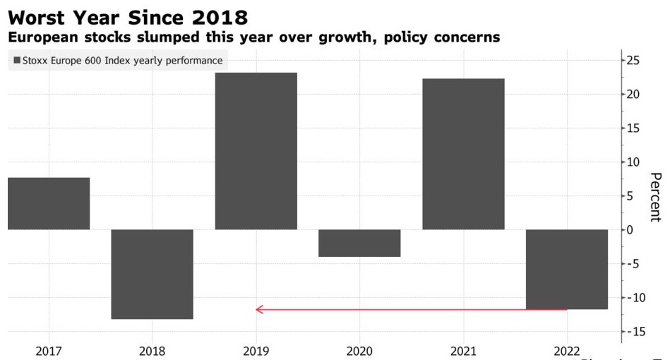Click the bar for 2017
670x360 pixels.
[x=49, y=203]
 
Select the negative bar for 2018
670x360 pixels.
[x=152, y=274]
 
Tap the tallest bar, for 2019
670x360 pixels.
[x=256, y=151]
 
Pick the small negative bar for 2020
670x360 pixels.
[x=359, y=243]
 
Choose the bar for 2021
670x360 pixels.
[x=463, y=154]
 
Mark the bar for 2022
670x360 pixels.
[x=567, y=269]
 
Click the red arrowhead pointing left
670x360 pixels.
[x=259, y=309]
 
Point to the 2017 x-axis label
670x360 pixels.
[x=49, y=351]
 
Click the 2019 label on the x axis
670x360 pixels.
[x=256, y=351]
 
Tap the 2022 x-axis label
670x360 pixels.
[x=567, y=351]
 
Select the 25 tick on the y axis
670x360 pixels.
[x=633, y=61]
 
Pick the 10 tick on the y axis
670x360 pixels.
[x=633, y=162]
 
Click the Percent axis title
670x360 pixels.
[x=655, y=197]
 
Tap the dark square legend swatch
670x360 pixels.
[x=17, y=61]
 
